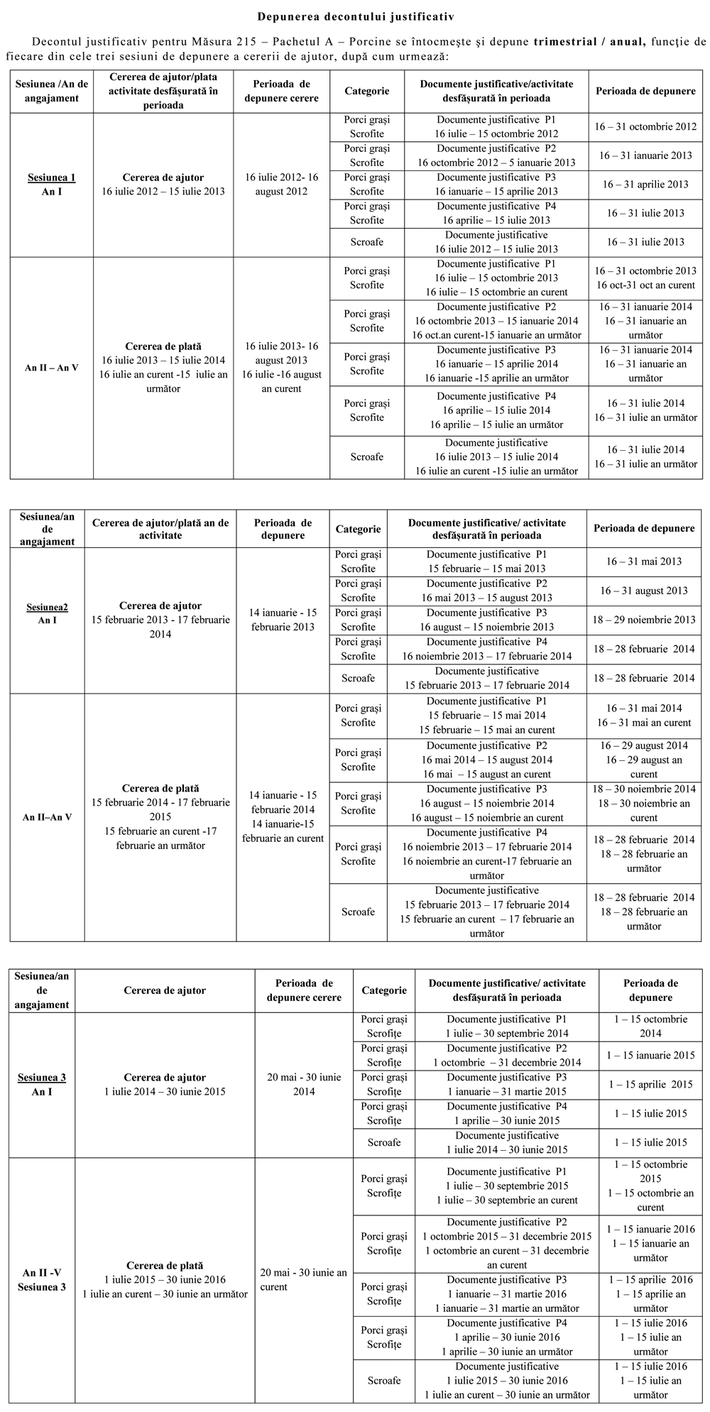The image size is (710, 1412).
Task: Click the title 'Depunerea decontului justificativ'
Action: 356,15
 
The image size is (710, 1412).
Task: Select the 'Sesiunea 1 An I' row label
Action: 51,185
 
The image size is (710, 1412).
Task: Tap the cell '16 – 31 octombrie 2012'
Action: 645,126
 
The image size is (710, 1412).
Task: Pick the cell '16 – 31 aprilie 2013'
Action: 645,184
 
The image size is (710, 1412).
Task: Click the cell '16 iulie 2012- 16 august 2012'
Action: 282,185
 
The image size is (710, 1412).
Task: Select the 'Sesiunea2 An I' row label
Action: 47,613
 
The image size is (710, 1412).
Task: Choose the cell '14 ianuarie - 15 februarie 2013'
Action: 283,619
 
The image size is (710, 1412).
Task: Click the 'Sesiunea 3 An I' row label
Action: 42,1084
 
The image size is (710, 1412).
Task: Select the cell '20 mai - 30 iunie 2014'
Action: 304,1084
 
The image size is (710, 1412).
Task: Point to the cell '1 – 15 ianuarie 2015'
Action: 650,1055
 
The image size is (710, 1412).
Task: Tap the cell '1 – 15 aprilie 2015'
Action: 650,1084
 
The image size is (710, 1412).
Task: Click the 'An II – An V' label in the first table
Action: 51,368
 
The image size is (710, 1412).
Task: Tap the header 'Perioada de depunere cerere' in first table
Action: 282,91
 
